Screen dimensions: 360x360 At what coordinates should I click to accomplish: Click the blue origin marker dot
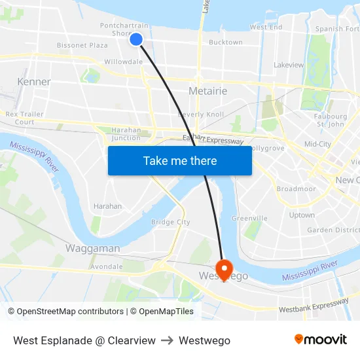(136, 39)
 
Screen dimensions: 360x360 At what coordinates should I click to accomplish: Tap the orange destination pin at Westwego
(224, 268)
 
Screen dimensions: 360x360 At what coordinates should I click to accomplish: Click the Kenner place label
(34, 82)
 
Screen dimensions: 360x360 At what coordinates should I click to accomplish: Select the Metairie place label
(207, 91)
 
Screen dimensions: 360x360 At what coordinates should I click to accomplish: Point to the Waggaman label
(92, 248)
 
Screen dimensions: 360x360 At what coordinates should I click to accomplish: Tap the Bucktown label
(225, 43)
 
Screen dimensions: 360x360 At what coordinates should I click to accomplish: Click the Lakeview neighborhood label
(289, 65)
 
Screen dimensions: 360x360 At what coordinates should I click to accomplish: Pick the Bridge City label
(170, 223)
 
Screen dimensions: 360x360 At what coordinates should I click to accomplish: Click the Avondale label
(106, 267)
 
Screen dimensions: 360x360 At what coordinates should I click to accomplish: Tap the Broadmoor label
(296, 189)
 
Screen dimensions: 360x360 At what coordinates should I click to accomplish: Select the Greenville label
(249, 219)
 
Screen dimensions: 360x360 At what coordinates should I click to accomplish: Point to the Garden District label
(333, 230)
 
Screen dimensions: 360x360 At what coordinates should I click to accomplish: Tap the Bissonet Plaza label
(82, 45)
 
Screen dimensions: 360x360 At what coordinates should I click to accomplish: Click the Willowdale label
(124, 62)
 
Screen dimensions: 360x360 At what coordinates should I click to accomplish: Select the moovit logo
(320, 339)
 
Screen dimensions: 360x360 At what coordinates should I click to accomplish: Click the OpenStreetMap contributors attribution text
(65, 312)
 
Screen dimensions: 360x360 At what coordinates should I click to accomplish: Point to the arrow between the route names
(167, 340)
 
